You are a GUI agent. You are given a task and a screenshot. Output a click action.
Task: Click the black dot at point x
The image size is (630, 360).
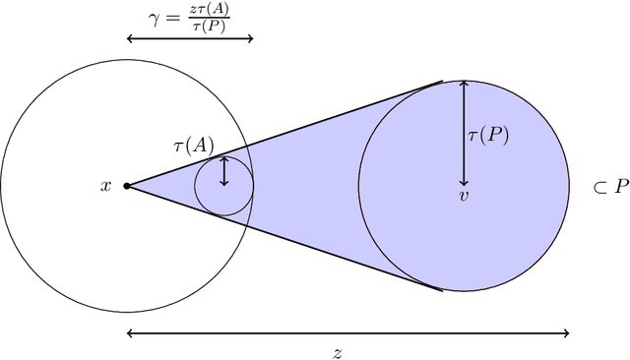(126, 185)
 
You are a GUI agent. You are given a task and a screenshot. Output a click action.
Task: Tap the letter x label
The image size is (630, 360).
(106, 185)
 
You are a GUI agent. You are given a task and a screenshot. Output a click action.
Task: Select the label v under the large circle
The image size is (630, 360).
(463, 197)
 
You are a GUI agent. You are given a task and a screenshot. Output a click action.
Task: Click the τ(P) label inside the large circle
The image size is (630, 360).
(488, 136)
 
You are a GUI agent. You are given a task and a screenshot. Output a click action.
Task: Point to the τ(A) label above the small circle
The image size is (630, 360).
(194, 145)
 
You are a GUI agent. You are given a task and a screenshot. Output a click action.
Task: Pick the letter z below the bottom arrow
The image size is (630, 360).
(337, 351)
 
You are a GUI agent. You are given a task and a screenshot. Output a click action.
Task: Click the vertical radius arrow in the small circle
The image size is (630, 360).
(223, 171)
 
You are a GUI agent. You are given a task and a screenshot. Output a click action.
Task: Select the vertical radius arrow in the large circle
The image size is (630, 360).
(463, 133)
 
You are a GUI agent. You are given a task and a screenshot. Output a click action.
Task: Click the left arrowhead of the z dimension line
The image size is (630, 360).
(130, 332)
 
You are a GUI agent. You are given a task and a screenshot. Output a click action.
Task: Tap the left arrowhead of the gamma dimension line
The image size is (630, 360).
(130, 38)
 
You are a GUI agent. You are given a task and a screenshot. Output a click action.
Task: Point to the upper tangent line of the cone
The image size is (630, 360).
(285, 133)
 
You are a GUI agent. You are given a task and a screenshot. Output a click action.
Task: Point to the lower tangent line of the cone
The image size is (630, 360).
(285, 237)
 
